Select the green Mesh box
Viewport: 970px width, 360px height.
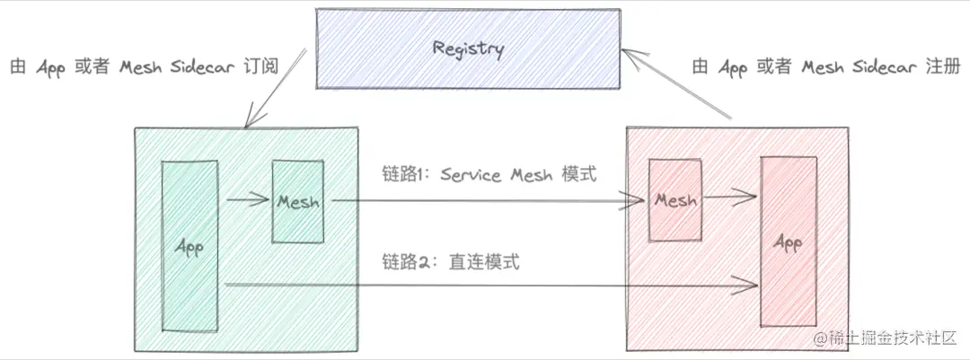pos(298,201)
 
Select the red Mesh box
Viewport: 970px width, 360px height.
pos(675,200)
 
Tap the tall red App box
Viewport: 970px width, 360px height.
pos(789,241)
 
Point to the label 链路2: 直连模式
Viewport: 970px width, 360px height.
pos(451,262)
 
